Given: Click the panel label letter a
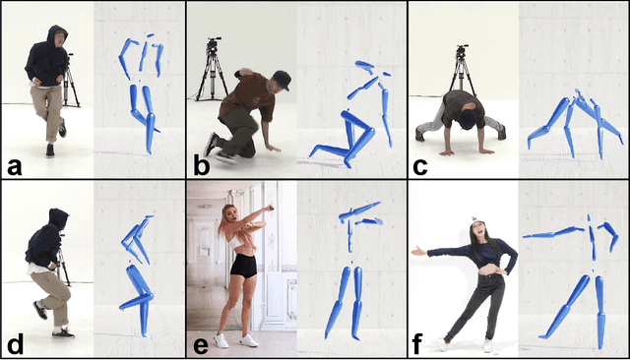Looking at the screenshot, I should click(x=14, y=165).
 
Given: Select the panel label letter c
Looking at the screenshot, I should click(x=421, y=165).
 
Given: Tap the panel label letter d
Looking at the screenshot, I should click(x=14, y=344).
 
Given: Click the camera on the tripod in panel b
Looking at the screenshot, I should click(x=212, y=45).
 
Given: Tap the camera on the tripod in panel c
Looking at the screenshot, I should click(x=460, y=49).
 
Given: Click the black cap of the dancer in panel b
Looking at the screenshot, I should click(x=282, y=78).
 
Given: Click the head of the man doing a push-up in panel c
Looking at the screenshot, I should click(x=461, y=105).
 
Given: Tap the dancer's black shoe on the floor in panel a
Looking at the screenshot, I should click(x=49, y=150).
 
